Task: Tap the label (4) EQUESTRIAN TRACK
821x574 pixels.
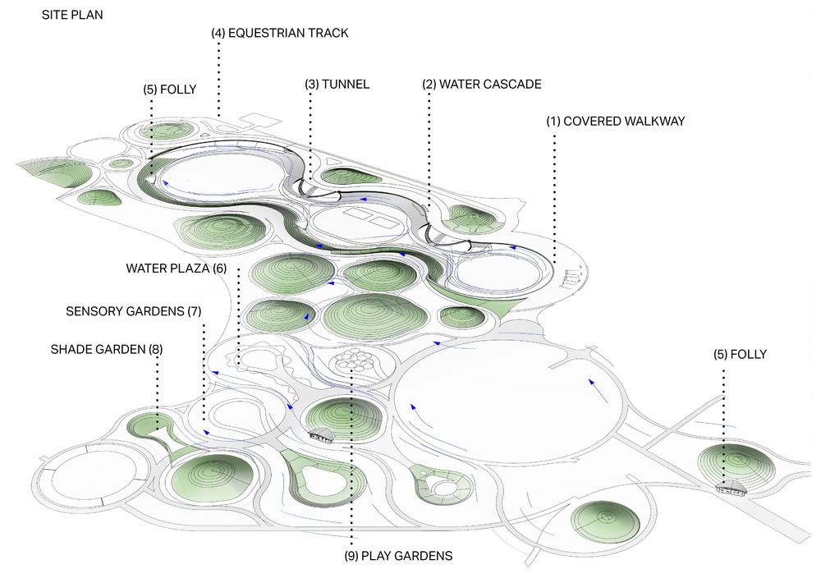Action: pos(279,34)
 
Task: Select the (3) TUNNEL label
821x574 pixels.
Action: pos(337,85)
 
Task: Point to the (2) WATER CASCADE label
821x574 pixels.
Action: pos(482,85)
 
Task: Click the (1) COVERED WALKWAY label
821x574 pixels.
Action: pos(615,122)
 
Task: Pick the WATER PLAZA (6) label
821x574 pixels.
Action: pos(177,269)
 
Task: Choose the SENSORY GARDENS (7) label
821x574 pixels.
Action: pos(134,311)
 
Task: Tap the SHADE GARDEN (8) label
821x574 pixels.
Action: pos(107,349)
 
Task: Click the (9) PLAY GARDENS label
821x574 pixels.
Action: pos(398,556)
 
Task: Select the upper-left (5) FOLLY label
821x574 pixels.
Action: pos(169,90)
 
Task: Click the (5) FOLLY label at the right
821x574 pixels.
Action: pos(740,355)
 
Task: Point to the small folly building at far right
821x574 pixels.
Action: pos(729,489)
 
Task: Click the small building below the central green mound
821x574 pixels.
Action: pos(321,435)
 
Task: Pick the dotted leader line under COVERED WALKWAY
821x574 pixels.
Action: pos(555,197)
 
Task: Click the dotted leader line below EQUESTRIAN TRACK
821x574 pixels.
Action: pos(218,78)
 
